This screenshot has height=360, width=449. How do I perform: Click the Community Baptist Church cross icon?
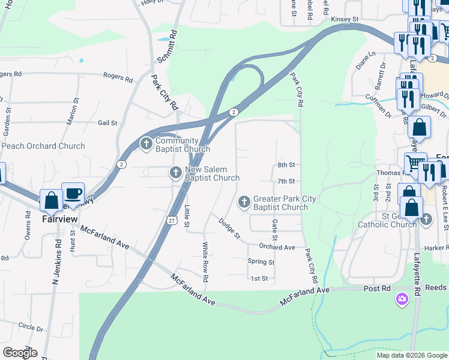pos(146,144)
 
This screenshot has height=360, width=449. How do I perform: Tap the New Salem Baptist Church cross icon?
pos(175,173)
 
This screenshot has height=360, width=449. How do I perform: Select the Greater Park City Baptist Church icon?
pos(244,202)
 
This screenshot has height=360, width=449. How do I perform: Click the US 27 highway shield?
pos(171,221)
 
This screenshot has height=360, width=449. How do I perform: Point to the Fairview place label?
pos(59,219)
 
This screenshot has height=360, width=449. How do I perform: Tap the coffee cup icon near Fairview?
pos(73,193)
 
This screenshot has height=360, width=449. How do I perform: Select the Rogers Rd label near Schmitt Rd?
pos(118,77)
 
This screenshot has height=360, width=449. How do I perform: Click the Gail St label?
pos(107,123)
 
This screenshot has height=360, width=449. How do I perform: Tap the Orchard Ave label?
pos(277,247)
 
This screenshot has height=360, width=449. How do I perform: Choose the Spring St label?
pos(261,262)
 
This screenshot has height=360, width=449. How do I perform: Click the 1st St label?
pos(259,278)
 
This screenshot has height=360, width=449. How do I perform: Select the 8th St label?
pos(286,165)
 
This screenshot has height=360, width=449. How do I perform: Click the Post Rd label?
pos(377,289)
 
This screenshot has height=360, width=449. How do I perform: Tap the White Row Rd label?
pos(205,262)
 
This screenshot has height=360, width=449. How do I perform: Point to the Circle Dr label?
pos(31,328)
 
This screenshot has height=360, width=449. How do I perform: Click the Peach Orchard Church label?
pos(43,146)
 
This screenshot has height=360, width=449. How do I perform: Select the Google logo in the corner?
pos(19,353)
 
